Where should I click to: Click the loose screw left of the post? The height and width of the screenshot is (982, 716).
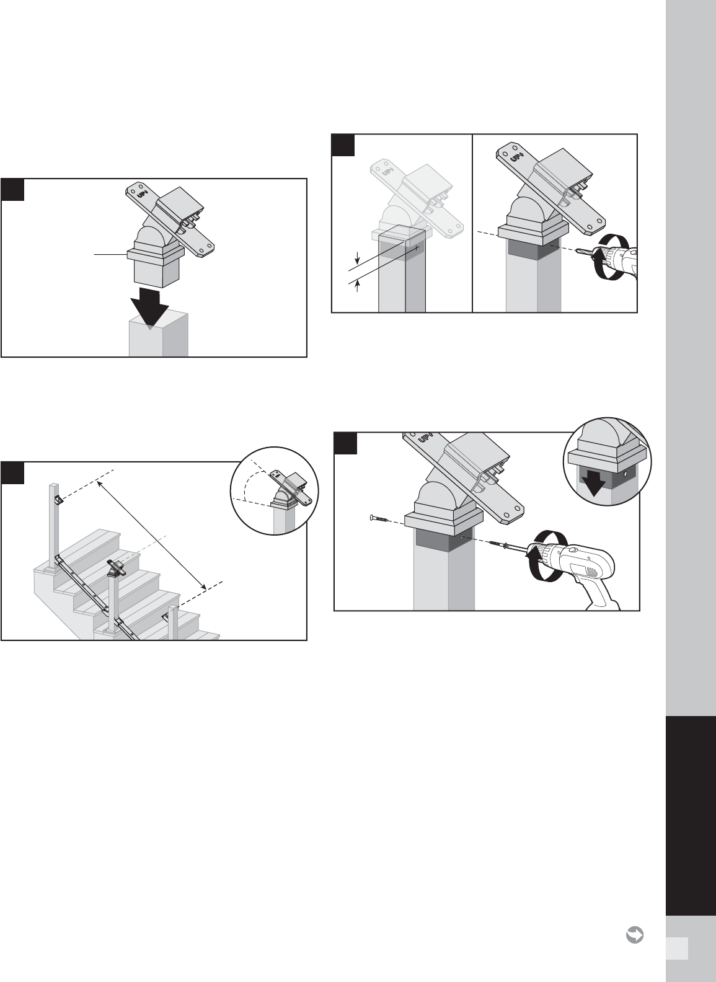click(x=380, y=519)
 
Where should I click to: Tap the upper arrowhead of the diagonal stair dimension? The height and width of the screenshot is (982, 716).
click(x=99, y=484)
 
